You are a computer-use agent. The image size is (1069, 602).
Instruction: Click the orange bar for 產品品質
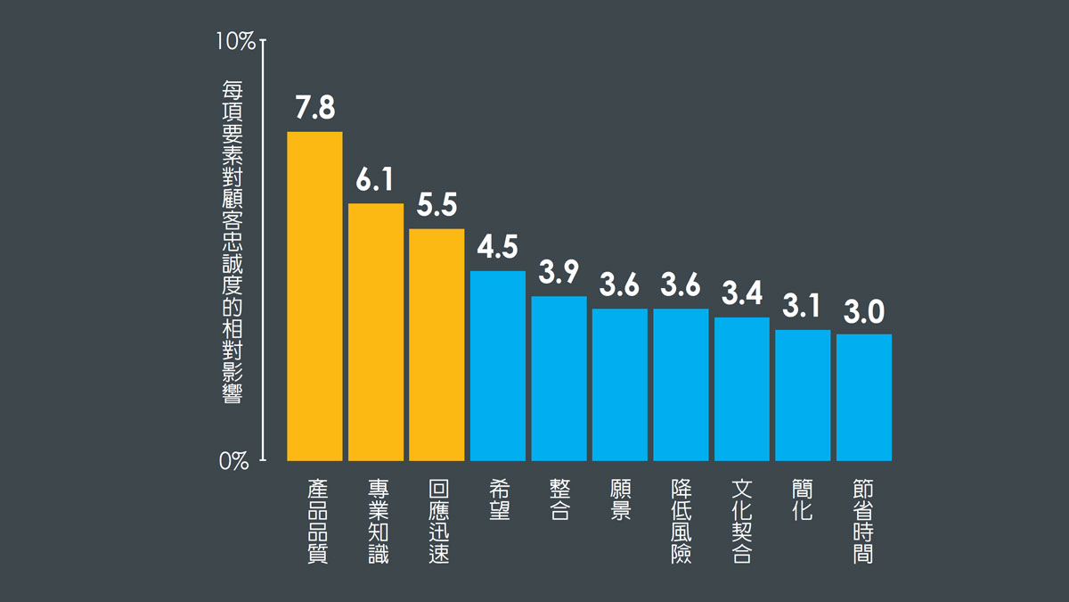(x=314, y=296)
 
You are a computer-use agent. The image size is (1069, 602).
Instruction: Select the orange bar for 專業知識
(x=375, y=332)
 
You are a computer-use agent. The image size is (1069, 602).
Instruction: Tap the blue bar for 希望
(x=497, y=366)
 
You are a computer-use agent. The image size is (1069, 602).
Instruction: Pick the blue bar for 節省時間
(x=863, y=397)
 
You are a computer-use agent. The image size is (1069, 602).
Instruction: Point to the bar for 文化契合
(x=741, y=389)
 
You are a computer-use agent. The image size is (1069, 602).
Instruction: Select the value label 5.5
(x=437, y=205)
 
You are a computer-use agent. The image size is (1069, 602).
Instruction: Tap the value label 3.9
(x=559, y=273)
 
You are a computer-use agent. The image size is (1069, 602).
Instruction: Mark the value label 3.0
(x=863, y=311)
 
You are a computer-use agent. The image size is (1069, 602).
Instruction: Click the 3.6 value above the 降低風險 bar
(x=681, y=285)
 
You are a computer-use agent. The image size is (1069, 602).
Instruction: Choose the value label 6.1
(x=375, y=180)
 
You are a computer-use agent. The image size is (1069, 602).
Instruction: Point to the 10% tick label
(x=236, y=41)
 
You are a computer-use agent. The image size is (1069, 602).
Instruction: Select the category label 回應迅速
(x=437, y=522)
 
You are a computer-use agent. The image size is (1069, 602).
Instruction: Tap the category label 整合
(x=559, y=500)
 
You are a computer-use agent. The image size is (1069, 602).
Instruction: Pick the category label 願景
(x=620, y=500)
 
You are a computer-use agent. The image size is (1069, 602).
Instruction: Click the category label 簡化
(x=802, y=500)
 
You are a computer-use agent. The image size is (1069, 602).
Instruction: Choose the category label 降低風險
(x=681, y=522)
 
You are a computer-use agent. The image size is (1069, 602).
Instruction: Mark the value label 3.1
(x=802, y=307)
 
